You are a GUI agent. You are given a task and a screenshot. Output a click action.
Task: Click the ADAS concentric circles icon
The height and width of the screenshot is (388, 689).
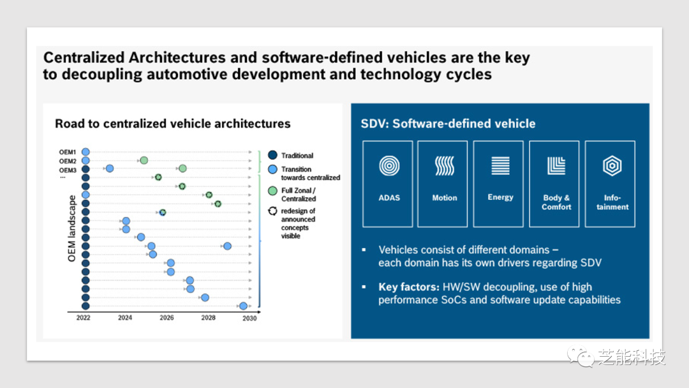389,166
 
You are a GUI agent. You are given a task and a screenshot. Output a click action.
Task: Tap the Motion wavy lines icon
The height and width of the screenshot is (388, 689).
444,166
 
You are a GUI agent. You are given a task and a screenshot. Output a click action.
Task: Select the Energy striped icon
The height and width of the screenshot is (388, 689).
500,166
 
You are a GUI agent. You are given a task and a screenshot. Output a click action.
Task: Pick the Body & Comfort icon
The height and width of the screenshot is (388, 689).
556,166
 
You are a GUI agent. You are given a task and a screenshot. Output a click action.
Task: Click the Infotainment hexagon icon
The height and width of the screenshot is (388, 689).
612,166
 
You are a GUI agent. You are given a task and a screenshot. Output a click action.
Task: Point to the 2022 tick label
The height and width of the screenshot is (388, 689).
83,318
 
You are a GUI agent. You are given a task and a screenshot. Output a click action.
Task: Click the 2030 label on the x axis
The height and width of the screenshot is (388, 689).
249,318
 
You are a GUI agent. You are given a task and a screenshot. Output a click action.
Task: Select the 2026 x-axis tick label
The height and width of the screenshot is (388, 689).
167,318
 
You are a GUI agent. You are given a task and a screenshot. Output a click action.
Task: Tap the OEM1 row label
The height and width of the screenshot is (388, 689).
68,152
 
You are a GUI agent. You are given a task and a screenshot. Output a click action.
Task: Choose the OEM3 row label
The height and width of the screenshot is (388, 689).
68,170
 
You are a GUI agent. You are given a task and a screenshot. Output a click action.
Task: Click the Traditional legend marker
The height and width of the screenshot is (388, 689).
272,155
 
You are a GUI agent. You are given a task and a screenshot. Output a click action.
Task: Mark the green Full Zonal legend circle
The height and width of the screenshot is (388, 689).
272,191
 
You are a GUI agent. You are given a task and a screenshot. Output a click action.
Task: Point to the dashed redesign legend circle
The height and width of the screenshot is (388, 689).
272,211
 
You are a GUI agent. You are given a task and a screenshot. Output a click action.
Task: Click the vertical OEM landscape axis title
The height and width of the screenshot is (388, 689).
71,228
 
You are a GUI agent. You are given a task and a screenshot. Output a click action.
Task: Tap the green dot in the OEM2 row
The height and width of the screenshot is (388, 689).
144,160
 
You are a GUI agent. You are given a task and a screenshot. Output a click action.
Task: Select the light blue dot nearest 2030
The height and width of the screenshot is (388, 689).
243,306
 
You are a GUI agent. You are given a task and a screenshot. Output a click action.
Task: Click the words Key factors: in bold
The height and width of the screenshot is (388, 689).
409,287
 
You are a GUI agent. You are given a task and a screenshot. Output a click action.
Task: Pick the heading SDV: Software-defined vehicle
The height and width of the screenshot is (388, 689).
448,123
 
